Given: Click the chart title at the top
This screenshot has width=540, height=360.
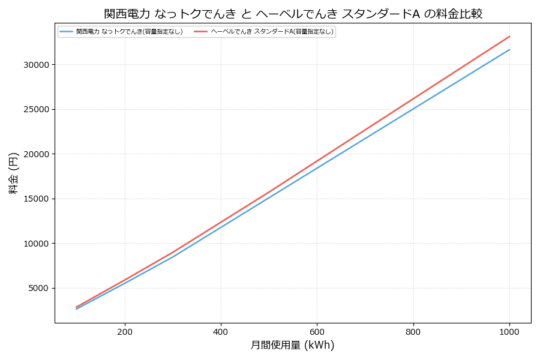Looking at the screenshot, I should (x=293, y=14).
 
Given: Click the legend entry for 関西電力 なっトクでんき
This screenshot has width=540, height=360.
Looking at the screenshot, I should (x=129, y=32).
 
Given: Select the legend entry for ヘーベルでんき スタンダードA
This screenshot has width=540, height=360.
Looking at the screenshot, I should (x=272, y=32).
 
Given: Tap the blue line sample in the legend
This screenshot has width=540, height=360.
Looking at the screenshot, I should (x=67, y=32).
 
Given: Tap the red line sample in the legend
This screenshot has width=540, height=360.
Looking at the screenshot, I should (x=200, y=32).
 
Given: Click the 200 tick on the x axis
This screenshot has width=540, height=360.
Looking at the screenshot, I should (x=125, y=332).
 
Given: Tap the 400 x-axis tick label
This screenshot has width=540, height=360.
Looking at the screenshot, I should (x=221, y=332).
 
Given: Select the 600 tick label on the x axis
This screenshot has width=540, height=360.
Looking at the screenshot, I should (x=317, y=332).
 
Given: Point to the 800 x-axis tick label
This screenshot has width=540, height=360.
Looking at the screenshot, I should (x=413, y=332).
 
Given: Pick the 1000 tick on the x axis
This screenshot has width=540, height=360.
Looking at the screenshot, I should (x=509, y=332).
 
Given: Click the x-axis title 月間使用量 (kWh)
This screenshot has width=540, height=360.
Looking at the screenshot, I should (x=292, y=346).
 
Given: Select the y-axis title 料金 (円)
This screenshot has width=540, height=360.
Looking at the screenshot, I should (x=14, y=173).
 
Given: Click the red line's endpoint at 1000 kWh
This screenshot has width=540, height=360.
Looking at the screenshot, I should (x=509, y=36).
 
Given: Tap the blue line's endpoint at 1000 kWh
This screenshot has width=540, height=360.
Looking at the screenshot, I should (x=509, y=49).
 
